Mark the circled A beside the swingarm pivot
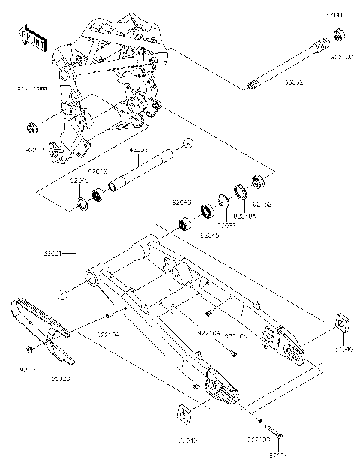[64, 293]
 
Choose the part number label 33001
[56, 254]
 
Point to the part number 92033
[227, 224]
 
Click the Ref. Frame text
[28, 88]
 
